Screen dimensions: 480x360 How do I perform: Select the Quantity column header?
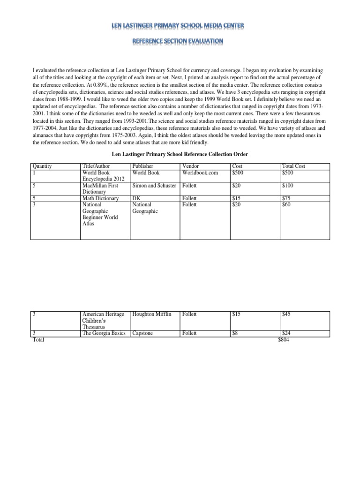[x=42, y=166]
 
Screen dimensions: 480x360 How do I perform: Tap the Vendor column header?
[x=190, y=166]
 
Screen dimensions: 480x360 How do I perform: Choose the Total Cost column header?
[x=293, y=166]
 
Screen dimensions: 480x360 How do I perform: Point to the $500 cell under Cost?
[x=238, y=172]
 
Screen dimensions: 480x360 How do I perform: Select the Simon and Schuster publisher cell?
[x=154, y=186]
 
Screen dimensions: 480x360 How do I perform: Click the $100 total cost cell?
[x=288, y=186]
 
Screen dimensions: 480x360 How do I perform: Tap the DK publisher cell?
[x=136, y=199]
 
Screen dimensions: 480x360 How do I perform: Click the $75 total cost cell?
[x=286, y=199]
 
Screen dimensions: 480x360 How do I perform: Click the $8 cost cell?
[x=236, y=333]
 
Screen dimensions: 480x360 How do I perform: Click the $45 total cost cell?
[x=286, y=314]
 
